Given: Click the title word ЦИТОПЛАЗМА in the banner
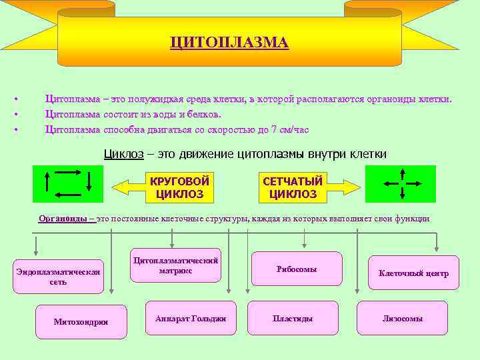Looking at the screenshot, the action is point(229,43).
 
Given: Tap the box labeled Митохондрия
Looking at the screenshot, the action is point(81,323).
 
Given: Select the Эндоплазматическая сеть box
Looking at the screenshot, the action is point(58,277).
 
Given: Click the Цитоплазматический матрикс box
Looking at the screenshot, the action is point(176,266).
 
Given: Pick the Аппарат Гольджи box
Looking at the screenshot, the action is point(190,319).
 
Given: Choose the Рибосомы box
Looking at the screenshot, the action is point(296,269).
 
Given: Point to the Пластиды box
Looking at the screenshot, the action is point(292,319).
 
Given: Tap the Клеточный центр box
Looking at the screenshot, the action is point(413,273).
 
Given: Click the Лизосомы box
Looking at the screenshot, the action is point(402,319).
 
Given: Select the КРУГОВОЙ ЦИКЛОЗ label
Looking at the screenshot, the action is point(179,188).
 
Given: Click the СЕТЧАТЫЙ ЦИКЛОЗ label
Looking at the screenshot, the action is point(293,188).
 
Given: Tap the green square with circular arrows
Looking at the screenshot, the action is point(68,183).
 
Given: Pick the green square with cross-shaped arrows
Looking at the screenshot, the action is point(400,183).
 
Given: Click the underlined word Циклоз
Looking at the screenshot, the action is point(123,154).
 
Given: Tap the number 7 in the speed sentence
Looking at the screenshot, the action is point(273,129).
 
